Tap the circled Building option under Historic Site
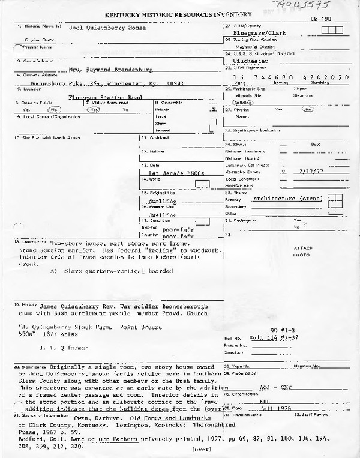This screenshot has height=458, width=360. tap(244, 103)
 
